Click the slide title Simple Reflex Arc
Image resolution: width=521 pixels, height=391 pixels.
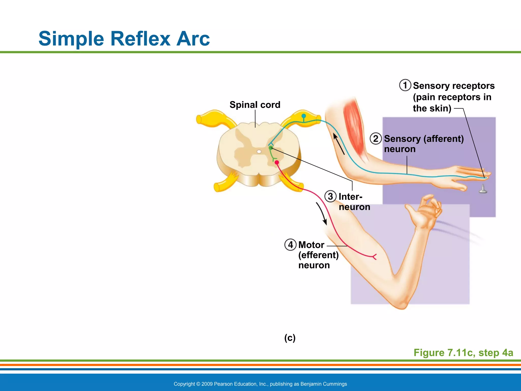coord(124,39)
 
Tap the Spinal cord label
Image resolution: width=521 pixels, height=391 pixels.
coord(255,105)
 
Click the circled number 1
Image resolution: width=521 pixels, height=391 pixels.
coord(405,85)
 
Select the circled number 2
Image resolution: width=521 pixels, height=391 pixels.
coord(375,139)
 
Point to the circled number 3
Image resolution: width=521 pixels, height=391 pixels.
coord(330,197)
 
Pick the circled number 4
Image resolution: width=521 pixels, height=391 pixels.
coord(290,245)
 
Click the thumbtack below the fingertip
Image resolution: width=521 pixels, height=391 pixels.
coord(483,189)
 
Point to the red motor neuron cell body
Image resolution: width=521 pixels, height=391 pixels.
coord(277,162)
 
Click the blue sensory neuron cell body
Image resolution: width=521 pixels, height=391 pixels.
coord(303,116)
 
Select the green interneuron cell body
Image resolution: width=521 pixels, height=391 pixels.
coord(271,148)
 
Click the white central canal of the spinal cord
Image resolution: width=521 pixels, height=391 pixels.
coord(259,152)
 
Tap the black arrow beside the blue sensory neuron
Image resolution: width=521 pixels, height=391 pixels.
coord(339,144)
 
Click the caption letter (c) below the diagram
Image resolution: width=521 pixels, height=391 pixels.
coord(290,338)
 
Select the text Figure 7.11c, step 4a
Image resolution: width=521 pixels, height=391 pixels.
coord(463,353)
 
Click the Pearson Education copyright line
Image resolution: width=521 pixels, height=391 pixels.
coord(260,384)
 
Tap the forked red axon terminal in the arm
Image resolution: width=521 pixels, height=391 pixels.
coord(374,257)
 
